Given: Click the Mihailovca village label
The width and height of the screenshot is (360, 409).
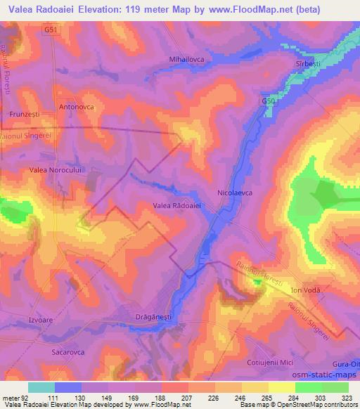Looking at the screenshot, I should coord(186,60).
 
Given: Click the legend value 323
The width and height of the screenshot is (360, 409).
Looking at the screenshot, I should coord(348,398).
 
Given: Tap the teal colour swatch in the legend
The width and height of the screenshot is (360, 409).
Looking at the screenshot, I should coord(41,387).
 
